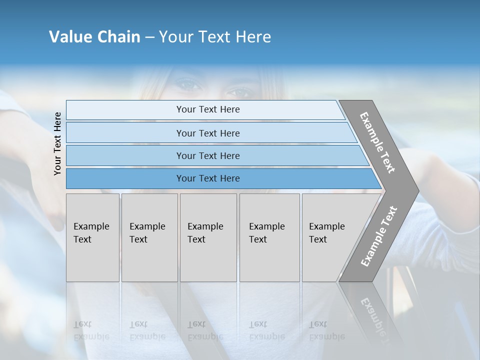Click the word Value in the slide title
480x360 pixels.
pyautogui.click(x=69, y=37)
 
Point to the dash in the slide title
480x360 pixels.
pyautogui.click(x=149, y=37)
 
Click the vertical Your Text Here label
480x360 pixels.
pyautogui.click(x=57, y=143)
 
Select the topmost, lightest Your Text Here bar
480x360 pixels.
pyautogui.click(x=207, y=109)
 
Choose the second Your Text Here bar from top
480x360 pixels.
pyautogui.click(x=207, y=133)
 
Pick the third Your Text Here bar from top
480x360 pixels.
pyautogui.click(x=207, y=155)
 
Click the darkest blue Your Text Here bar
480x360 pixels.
pyautogui.click(x=207, y=178)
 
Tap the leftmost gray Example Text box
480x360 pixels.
pyautogui.click(x=92, y=237)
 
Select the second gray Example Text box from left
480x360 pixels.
pyautogui.click(x=149, y=237)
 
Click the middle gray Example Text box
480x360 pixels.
pyautogui.click(x=208, y=237)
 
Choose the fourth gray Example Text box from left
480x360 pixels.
pyautogui.click(x=269, y=237)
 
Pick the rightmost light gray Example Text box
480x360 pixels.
pyautogui.click(x=330, y=237)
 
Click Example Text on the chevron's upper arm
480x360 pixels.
pyautogui.click(x=377, y=142)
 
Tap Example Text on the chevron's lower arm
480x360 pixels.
pyautogui.click(x=378, y=236)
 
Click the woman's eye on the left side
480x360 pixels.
pyautogui.click(x=189, y=85)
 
